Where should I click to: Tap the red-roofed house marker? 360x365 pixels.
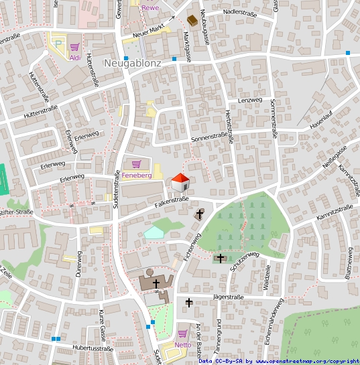(x=180, y=181)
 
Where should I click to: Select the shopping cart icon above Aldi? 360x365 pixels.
(x=75, y=47)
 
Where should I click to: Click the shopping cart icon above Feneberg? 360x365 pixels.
(x=137, y=164)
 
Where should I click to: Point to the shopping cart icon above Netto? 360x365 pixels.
(x=182, y=334)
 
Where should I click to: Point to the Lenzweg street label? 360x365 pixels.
(x=249, y=100)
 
